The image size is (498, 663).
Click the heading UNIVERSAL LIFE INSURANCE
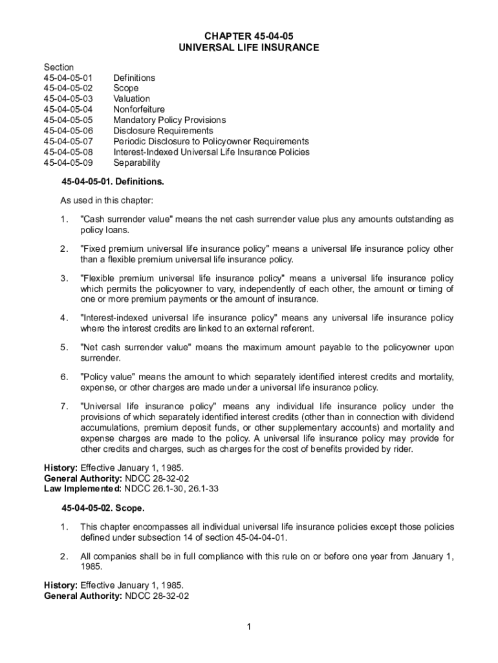point(249,48)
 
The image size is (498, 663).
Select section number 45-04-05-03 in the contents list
point(68,99)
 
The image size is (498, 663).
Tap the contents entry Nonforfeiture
point(139,109)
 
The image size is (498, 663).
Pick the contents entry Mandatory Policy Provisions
point(169,120)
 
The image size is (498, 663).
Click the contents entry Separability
point(136,163)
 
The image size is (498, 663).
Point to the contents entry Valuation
point(131,99)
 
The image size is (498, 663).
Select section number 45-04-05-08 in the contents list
point(68,152)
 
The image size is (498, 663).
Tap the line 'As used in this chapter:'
point(106,201)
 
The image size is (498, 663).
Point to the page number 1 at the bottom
point(249,627)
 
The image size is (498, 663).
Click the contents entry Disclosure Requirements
point(163,131)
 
